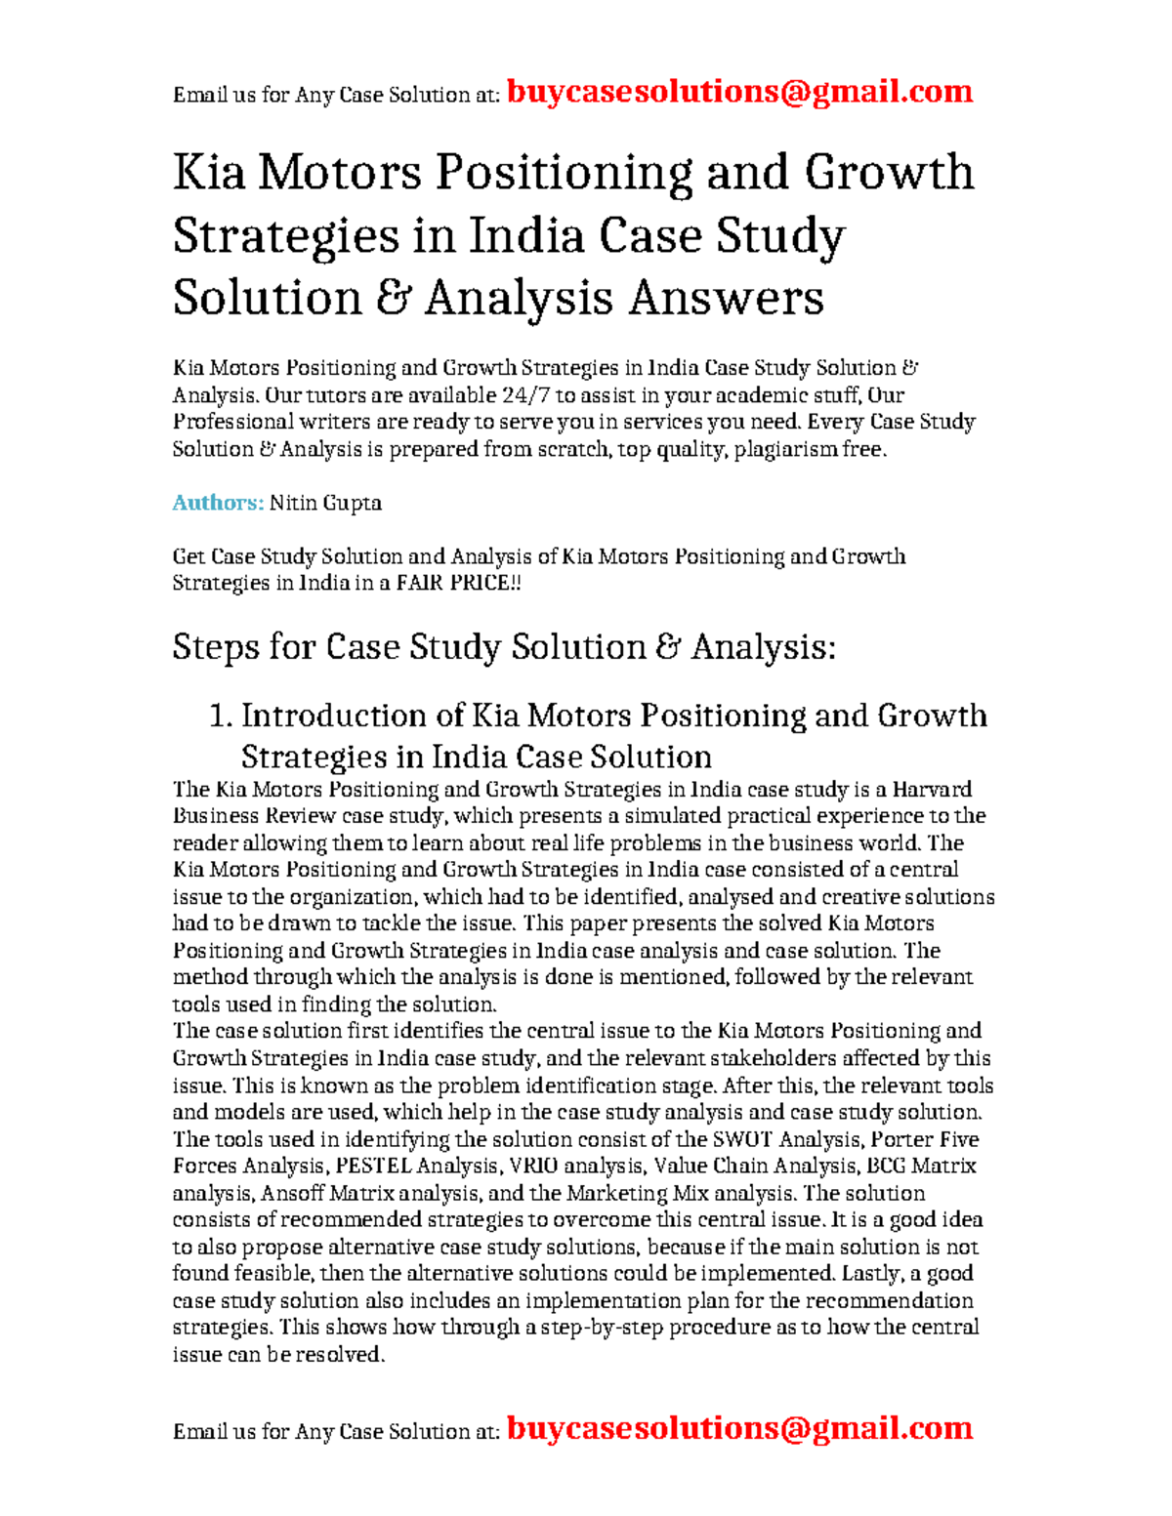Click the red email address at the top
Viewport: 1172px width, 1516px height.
point(740,92)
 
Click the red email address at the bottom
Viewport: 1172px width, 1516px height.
point(740,1428)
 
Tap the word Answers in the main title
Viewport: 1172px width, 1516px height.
point(726,298)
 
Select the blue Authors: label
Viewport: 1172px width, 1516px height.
point(218,503)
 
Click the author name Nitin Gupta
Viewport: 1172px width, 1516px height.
point(325,503)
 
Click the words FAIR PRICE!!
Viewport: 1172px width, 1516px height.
point(458,583)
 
